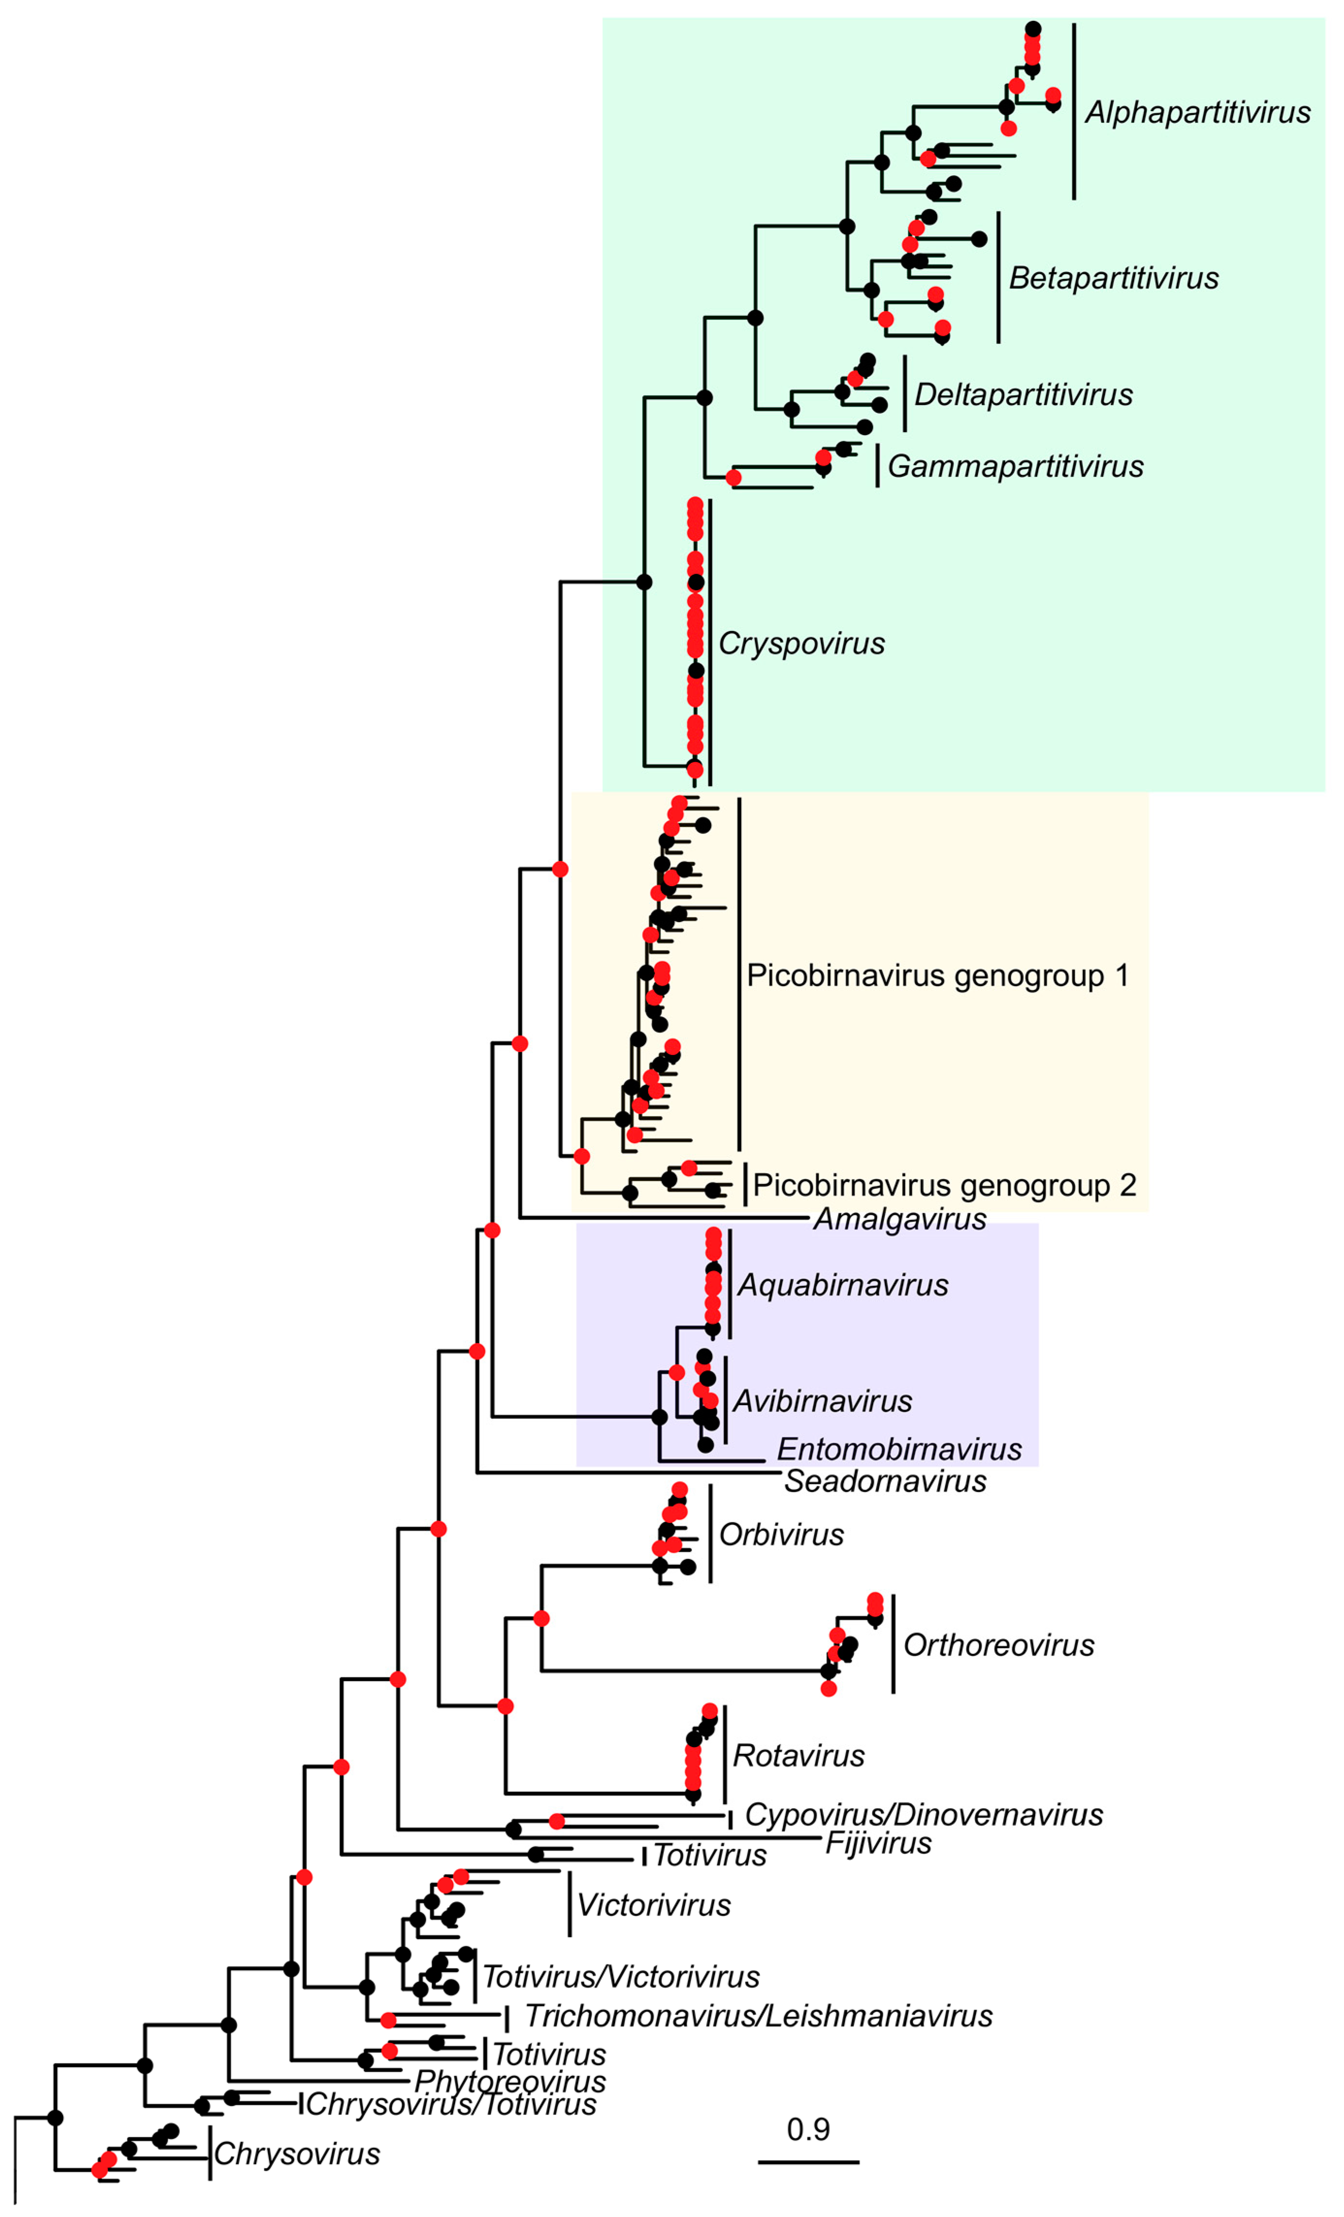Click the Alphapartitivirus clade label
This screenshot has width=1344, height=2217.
pos(1198,113)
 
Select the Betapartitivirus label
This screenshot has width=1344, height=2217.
pos(1113,278)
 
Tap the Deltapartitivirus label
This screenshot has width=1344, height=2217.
pos(1023,395)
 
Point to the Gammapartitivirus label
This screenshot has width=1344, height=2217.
pos(1015,466)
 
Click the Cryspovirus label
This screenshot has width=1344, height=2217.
pos(801,643)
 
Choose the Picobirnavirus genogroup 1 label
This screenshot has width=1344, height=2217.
pos(937,975)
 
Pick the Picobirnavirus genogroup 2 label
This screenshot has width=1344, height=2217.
pos(944,1185)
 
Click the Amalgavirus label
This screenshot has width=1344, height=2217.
pos(900,1219)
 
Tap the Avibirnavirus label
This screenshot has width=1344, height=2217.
pos(821,1401)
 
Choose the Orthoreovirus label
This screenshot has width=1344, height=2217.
pos(999,1645)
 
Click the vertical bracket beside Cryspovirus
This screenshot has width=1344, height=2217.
pos(710,643)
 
